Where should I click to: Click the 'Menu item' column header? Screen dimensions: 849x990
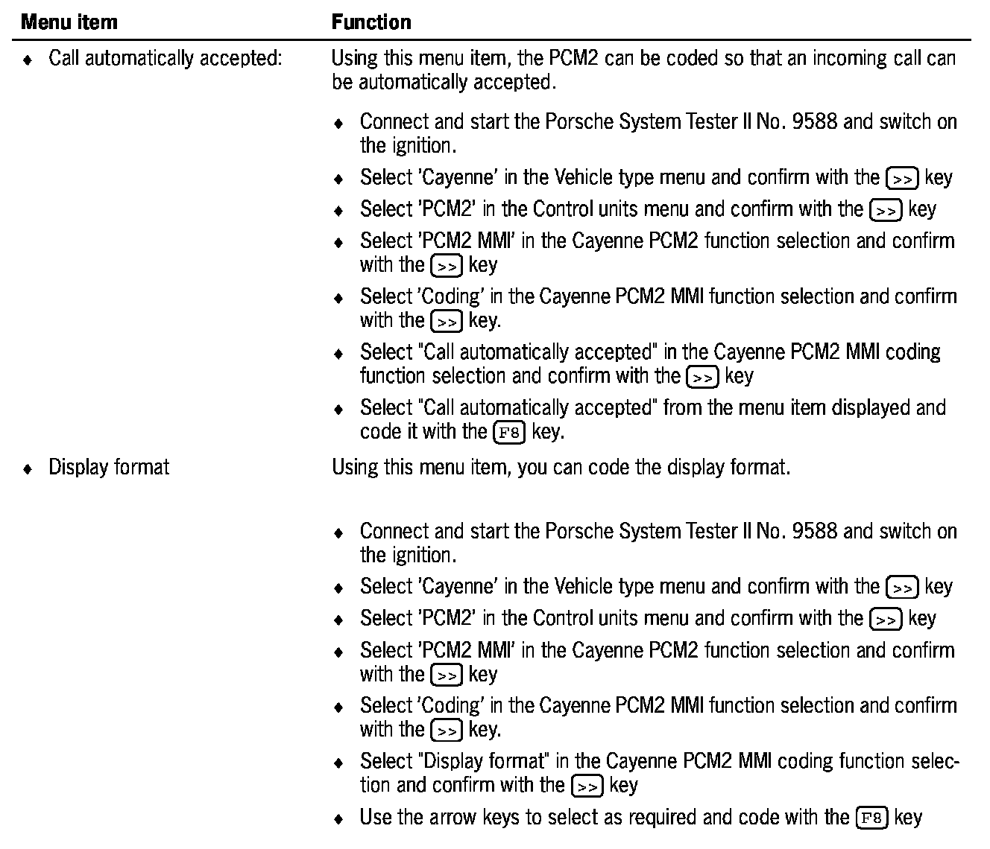click(x=69, y=22)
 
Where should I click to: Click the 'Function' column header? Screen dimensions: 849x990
click(x=371, y=22)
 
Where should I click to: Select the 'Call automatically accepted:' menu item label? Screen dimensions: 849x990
click(x=165, y=58)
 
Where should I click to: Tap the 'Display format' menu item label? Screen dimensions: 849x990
click(x=109, y=468)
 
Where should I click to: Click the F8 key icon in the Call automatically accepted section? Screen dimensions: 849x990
click(x=509, y=432)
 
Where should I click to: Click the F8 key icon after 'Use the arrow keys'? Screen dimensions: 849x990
click(x=872, y=818)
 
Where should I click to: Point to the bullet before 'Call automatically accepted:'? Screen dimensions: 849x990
click(x=28, y=60)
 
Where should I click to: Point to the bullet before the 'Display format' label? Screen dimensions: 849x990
click(x=28, y=469)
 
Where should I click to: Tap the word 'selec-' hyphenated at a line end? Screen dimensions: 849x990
click(x=935, y=761)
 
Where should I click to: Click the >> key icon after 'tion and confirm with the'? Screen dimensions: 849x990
click(x=587, y=786)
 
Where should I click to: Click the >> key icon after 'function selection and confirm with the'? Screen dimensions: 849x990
click(x=702, y=377)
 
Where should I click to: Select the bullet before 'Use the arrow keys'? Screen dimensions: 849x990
click(x=339, y=819)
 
